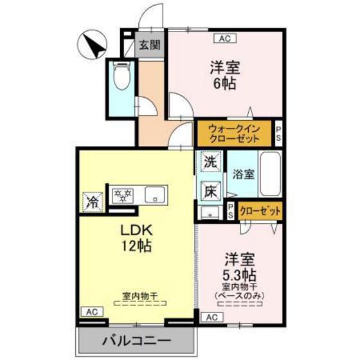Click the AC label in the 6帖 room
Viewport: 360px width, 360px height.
point(224,39)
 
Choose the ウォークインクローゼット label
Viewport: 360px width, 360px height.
point(234,132)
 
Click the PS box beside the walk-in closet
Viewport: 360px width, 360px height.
point(278,133)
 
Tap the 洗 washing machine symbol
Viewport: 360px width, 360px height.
point(210,163)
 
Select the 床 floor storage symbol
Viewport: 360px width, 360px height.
point(210,191)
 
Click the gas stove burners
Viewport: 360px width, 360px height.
point(123,194)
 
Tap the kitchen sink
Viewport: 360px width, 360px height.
point(155,194)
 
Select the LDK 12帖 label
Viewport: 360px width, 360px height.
point(136,237)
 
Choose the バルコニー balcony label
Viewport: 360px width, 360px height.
point(136,341)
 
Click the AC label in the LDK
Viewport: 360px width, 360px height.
point(91,311)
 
